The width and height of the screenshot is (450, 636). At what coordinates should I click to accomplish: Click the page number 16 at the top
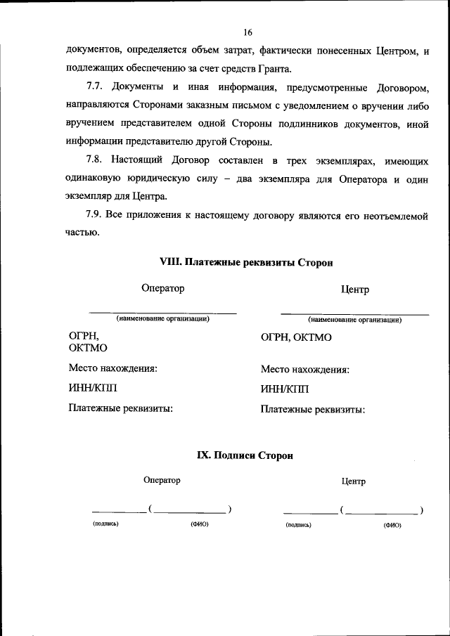click(247, 32)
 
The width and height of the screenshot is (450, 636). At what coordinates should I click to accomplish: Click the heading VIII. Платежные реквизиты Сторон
click(246, 262)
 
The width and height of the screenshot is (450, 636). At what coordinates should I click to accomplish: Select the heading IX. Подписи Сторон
click(244, 455)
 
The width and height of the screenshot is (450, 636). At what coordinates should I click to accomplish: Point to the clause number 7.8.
click(95, 160)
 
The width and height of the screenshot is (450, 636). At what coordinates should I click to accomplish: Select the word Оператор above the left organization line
click(162, 288)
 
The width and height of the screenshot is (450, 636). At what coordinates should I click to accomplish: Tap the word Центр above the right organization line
click(354, 290)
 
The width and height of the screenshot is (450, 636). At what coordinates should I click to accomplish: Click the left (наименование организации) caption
click(162, 319)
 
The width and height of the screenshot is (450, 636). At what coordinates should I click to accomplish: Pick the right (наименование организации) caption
click(354, 320)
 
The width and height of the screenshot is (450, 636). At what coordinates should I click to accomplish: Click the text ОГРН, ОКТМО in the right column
click(296, 337)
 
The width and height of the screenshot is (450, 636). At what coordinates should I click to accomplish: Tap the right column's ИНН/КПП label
click(284, 389)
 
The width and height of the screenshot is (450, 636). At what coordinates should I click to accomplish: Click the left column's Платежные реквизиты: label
click(121, 408)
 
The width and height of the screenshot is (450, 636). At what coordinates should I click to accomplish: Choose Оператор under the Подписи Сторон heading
click(162, 480)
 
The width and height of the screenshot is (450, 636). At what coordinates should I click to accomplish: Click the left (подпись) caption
click(105, 524)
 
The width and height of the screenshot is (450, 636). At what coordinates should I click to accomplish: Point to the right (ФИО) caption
click(392, 525)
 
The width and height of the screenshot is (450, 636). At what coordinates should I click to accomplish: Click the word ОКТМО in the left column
click(89, 348)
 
